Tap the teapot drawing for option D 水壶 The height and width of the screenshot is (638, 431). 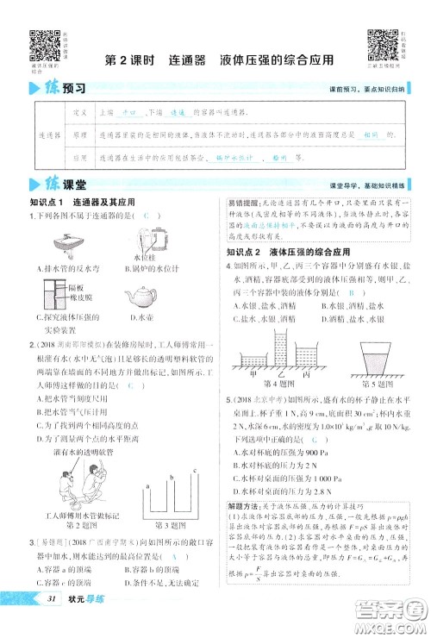coord(141,298)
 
